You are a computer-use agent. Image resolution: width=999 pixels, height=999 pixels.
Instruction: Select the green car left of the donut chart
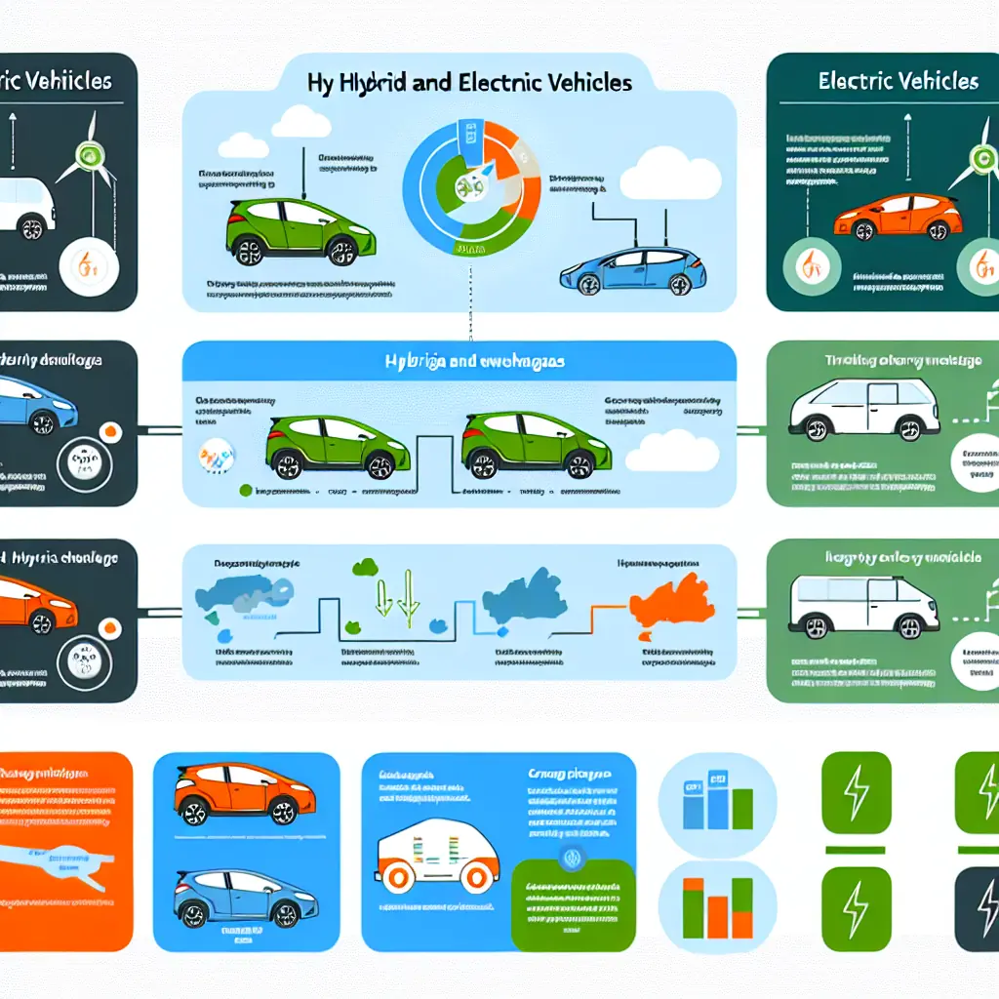[290, 232]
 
